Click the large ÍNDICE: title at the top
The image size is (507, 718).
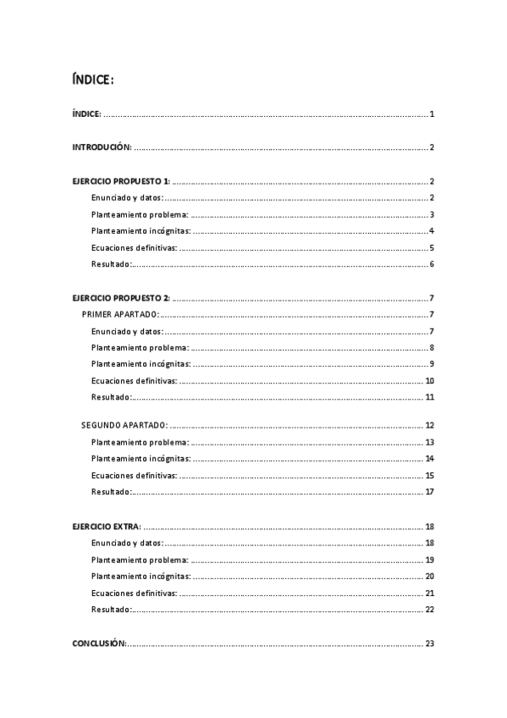point(93,80)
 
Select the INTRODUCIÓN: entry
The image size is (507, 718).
point(102,147)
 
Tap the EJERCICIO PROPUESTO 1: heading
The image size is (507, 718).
point(121,181)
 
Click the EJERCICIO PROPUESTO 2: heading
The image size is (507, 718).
point(121,298)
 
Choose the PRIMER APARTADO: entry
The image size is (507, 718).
point(119,314)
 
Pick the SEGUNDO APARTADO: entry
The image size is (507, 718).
point(124,425)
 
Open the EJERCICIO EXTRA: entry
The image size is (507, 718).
point(107,526)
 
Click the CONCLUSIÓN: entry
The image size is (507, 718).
point(100,643)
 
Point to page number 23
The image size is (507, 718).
point(430,643)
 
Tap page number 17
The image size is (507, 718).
point(430,492)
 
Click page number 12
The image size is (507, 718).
point(430,425)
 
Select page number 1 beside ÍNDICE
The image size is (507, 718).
point(432,114)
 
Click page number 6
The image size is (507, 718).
point(432,264)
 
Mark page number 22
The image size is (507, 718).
point(430,610)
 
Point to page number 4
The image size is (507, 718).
point(432,231)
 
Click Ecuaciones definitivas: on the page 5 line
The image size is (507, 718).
point(134,248)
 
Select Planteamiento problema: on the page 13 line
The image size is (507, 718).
point(140,442)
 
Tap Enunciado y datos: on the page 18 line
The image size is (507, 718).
point(127,543)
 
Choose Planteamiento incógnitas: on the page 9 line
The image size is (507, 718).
point(141,364)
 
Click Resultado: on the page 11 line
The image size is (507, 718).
point(112,397)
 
